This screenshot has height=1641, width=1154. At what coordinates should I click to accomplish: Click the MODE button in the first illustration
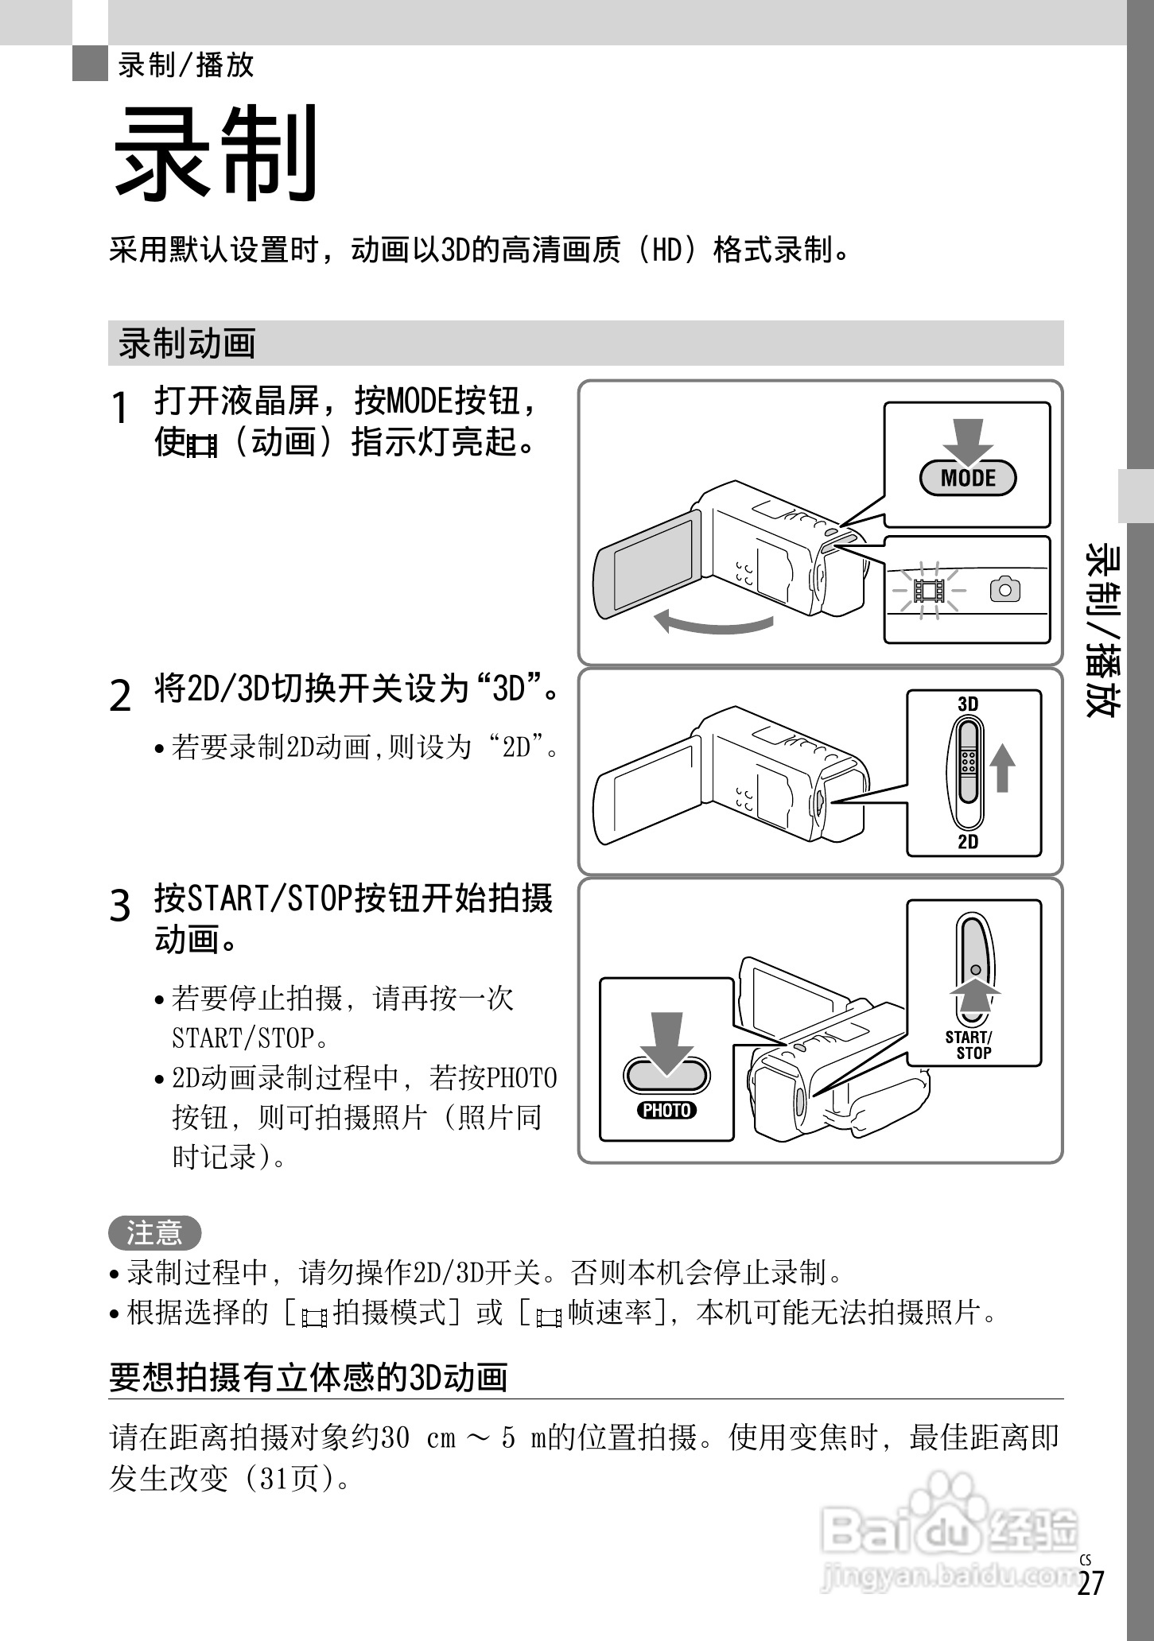tap(968, 479)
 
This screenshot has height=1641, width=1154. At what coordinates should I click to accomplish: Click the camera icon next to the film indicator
tap(1005, 589)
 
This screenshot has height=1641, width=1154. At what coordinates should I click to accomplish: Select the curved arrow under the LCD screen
tap(714, 623)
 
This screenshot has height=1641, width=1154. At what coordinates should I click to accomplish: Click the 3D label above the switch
tap(968, 704)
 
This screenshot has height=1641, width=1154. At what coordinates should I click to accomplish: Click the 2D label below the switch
tap(968, 842)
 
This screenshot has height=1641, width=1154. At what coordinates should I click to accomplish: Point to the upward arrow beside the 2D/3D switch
tap(1003, 767)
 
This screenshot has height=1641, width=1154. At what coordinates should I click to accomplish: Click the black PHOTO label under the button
tap(666, 1111)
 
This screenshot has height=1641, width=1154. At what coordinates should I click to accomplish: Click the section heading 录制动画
tap(188, 343)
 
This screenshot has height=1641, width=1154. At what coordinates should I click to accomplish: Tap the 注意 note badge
tap(155, 1233)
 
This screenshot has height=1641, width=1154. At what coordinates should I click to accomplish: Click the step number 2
tap(120, 696)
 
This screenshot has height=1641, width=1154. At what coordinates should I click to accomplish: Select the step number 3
tap(120, 906)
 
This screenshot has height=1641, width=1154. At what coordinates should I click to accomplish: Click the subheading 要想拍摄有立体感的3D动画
tap(309, 1378)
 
